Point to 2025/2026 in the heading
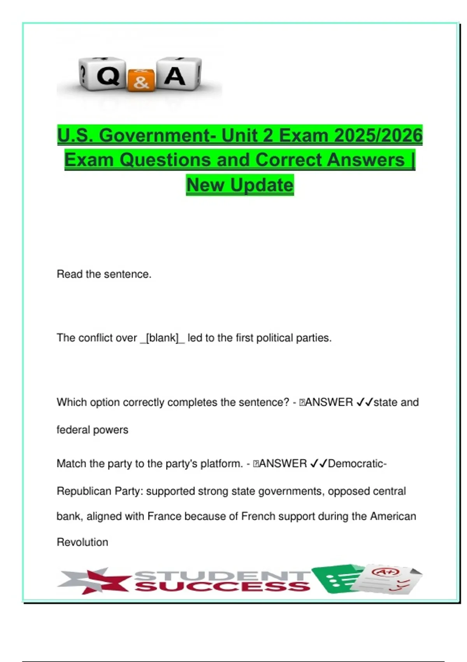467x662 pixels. pyautogui.click(x=378, y=136)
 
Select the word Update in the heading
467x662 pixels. pyautogui.click(x=261, y=185)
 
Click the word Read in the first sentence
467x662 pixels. pyautogui.click(x=70, y=274)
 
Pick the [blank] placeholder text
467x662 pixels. pyautogui.click(x=162, y=338)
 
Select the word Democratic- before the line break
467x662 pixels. pyautogui.click(x=357, y=463)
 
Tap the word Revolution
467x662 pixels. pyautogui.click(x=83, y=542)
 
